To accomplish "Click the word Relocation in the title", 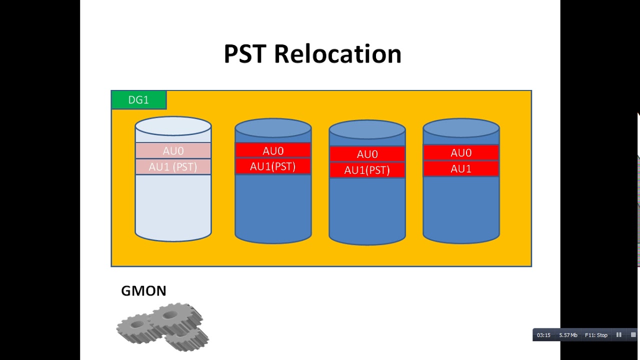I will pos(337,53).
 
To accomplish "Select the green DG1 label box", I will pos(138,100).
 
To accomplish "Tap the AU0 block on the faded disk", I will pos(173,150).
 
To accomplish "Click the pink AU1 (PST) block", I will pos(173,167).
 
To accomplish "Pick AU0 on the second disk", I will pos(273,150).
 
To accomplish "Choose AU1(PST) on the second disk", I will pos(273,166).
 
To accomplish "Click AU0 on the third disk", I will pos(367,154).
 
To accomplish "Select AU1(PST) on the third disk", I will pos(367,170).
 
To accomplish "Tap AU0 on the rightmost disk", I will pos(461,152).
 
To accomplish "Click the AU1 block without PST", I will pos(461,168).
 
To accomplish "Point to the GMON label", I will pos(143,291).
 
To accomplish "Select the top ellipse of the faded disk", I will pos(173,126).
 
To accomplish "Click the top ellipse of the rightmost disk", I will pos(461,128).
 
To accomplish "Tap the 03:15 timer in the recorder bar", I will pos(543,335).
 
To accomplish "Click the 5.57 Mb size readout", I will pos(568,335).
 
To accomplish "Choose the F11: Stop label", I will pos(596,335).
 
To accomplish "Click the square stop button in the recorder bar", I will pos(633,335).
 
